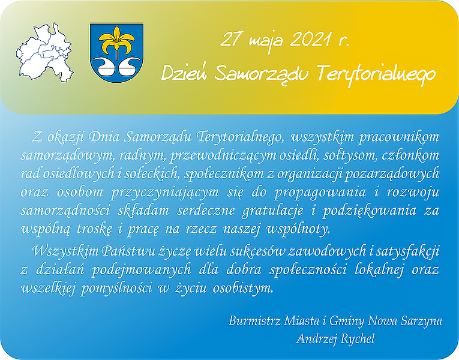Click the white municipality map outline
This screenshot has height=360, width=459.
[x=44, y=53]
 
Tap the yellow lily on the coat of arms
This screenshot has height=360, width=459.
[x=117, y=41]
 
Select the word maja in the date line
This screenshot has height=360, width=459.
[x=266, y=41]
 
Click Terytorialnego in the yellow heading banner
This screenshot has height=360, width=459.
[x=376, y=73]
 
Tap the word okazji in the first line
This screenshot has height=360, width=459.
[x=65, y=137]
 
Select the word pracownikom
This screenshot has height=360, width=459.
[x=399, y=137]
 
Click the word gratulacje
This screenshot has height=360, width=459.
[x=272, y=211]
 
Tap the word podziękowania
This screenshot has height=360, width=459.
[x=370, y=211]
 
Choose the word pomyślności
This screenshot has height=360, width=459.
[x=116, y=289]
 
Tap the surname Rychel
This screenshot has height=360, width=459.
[x=358, y=339]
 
